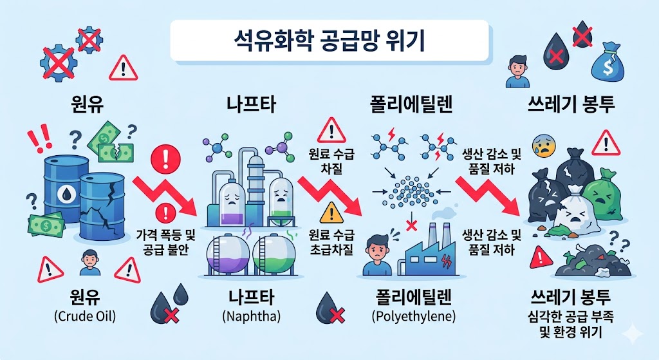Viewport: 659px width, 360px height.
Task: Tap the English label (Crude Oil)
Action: pyautogui.click(x=86, y=316)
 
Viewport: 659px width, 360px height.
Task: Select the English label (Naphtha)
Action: pyautogui.click(x=251, y=316)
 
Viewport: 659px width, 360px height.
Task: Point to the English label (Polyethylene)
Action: pyautogui.click(x=414, y=316)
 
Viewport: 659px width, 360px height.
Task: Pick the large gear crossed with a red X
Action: pyautogui.click(x=59, y=64)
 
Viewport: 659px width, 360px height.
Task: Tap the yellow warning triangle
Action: pyautogui.click(x=330, y=213)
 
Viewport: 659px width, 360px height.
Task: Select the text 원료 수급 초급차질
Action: pyautogui.click(x=331, y=242)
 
